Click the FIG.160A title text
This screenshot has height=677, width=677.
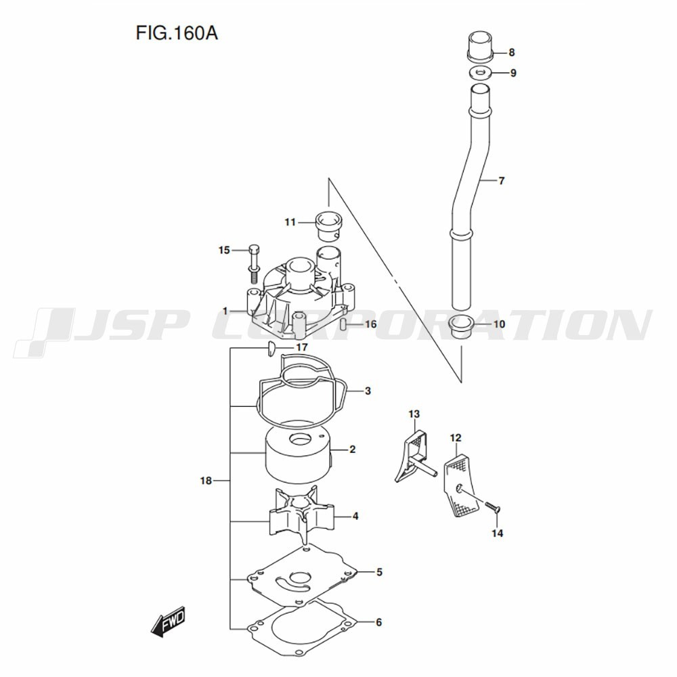coord(177,32)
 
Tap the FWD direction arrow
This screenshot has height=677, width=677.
coord(169,621)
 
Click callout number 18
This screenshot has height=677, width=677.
coord(206,481)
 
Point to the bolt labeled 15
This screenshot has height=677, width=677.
coord(254,264)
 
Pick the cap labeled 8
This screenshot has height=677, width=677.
coord(481,46)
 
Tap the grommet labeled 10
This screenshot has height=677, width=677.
coord(462,326)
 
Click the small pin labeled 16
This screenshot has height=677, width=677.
coord(343,324)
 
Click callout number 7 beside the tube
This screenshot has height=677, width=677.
coord(501,181)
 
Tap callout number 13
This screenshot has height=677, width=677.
coord(414,414)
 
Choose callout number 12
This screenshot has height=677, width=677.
coord(456,438)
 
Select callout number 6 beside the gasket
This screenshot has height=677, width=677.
coord(378,622)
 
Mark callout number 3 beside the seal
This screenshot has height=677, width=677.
coord(368,391)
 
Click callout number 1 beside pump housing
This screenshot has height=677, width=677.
coord(225,311)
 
